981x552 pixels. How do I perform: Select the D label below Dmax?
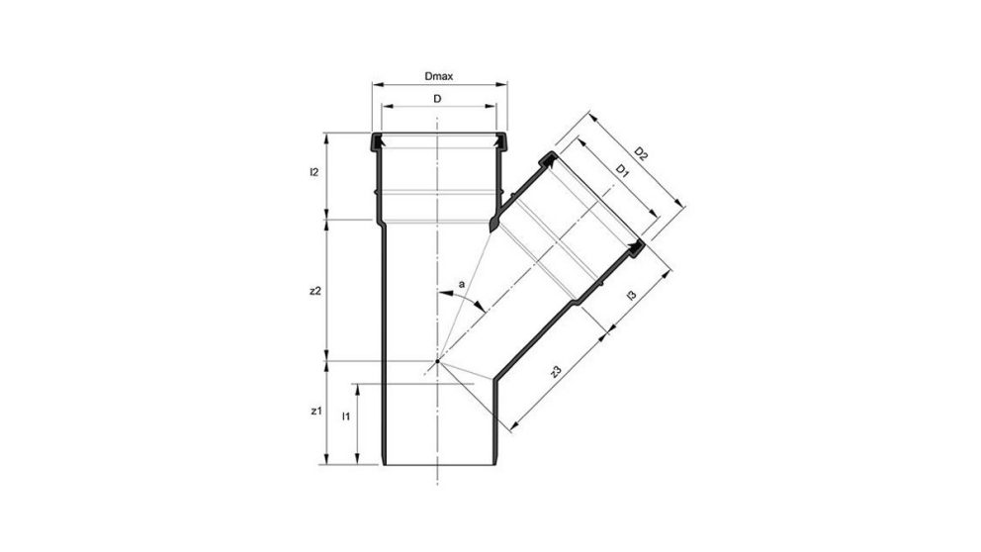coord(436,100)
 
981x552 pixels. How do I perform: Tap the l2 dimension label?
coord(313,173)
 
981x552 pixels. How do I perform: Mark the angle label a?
coord(461,288)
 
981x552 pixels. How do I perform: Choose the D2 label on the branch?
coord(641,153)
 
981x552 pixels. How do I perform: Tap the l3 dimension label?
coord(631,295)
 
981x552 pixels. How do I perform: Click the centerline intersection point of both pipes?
coord(437,362)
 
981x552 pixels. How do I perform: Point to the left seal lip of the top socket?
coord(376,143)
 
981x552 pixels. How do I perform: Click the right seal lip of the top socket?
coord(501,143)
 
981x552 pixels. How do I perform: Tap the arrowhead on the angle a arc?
coord(481,308)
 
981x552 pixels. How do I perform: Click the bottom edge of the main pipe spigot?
coord(437,463)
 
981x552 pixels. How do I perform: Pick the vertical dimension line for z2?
coord(328,290)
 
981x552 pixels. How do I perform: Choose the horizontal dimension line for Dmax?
coord(436,85)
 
